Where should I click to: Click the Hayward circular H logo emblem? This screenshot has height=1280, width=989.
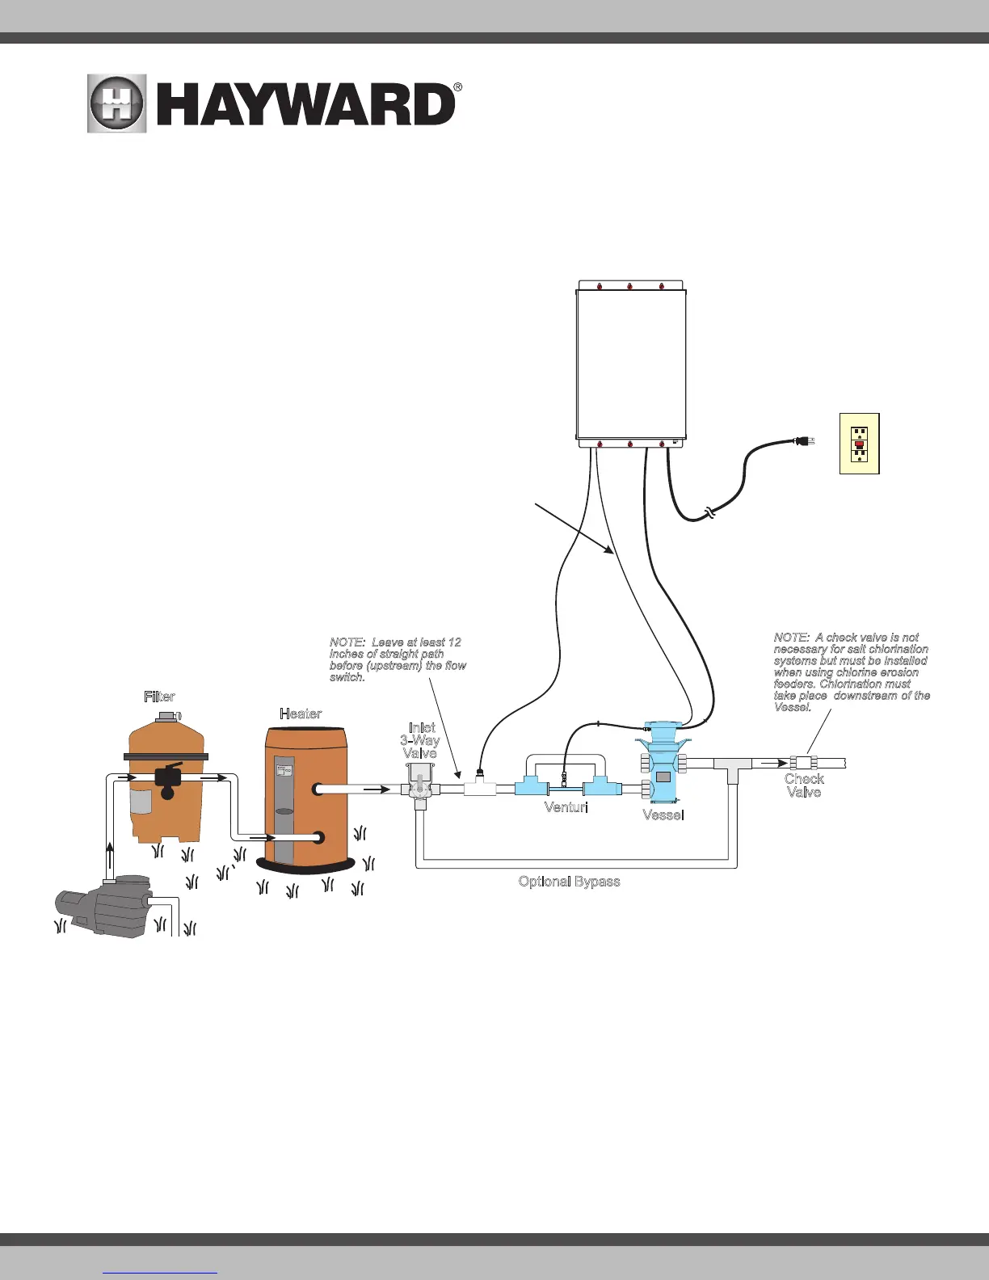pyautogui.click(x=117, y=104)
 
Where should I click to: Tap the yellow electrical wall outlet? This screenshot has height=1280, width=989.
pyautogui.click(x=859, y=444)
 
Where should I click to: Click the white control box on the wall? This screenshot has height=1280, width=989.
pyautogui.click(x=632, y=364)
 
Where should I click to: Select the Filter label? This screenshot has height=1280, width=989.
pyautogui.click(x=159, y=697)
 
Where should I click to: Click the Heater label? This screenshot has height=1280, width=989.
pyautogui.click(x=301, y=714)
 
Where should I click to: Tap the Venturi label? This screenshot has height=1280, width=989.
pyautogui.click(x=566, y=807)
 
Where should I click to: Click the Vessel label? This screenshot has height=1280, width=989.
pyautogui.click(x=663, y=815)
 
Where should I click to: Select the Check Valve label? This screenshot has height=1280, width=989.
pyautogui.click(x=804, y=785)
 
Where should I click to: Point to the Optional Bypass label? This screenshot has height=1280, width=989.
pyautogui.click(x=569, y=882)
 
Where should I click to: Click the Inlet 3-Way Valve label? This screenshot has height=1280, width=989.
pyautogui.click(x=421, y=740)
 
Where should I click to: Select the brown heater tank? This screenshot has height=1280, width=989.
pyautogui.click(x=307, y=792)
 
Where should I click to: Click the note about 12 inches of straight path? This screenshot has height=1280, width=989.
pyautogui.click(x=397, y=659)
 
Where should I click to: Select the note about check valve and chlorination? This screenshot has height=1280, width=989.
pyautogui.click(x=851, y=672)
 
